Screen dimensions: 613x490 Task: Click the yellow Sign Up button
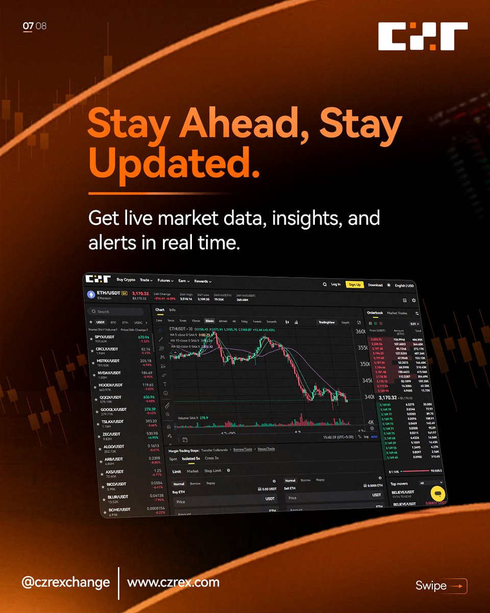tap(354, 285)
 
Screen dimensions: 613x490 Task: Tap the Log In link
tap(335, 284)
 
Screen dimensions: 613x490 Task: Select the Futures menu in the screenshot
tap(165, 280)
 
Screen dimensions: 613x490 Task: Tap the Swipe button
tap(440, 586)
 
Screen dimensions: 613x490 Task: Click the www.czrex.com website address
tap(173, 582)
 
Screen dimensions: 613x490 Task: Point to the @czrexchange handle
tap(66, 582)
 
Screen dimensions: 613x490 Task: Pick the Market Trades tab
tap(397, 313)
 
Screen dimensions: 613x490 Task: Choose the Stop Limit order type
tap(212, 471)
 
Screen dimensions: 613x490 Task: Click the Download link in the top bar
tap(375, 285)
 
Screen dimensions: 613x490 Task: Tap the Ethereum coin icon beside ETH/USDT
tap(92, 295)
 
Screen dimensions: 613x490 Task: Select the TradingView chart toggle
tap(326, 322)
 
